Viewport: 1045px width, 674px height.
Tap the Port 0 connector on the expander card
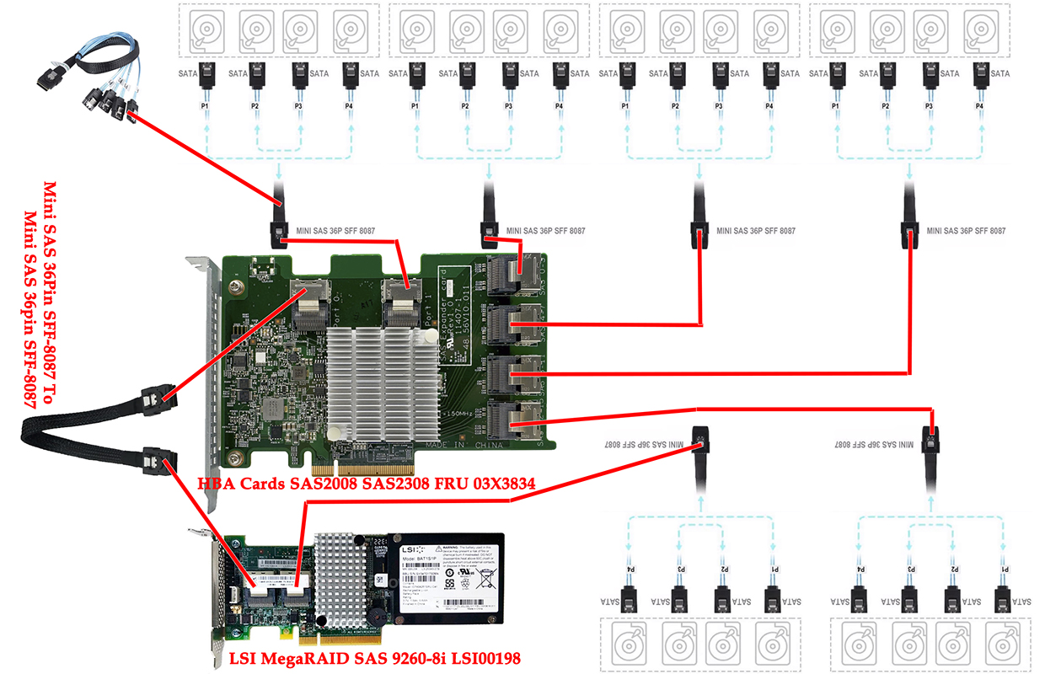[x=313, y=306]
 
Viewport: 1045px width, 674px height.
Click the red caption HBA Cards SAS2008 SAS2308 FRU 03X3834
[x=367, y=484]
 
